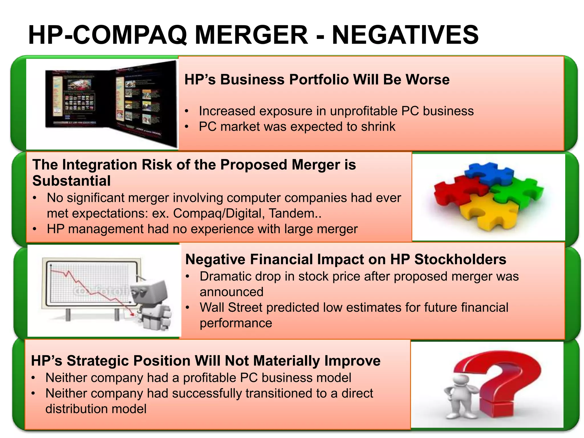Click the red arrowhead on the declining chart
pos(132,314)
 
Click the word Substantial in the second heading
pos(71,181)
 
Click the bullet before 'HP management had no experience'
pos(35,229)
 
